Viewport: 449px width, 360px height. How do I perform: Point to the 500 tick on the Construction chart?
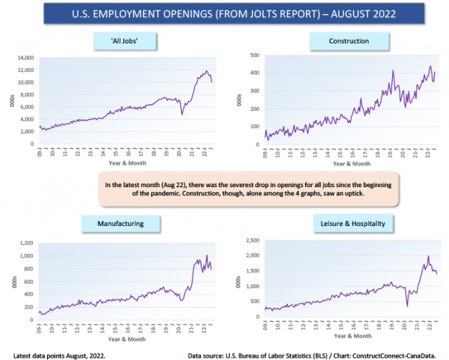(x=254, y=55)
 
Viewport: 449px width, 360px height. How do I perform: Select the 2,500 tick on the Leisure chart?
(x=253, y=241)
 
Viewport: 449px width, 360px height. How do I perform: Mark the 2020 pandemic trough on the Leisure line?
(x=407, y=305)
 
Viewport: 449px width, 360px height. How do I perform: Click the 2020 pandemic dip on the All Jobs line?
(x=182, y=114)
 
